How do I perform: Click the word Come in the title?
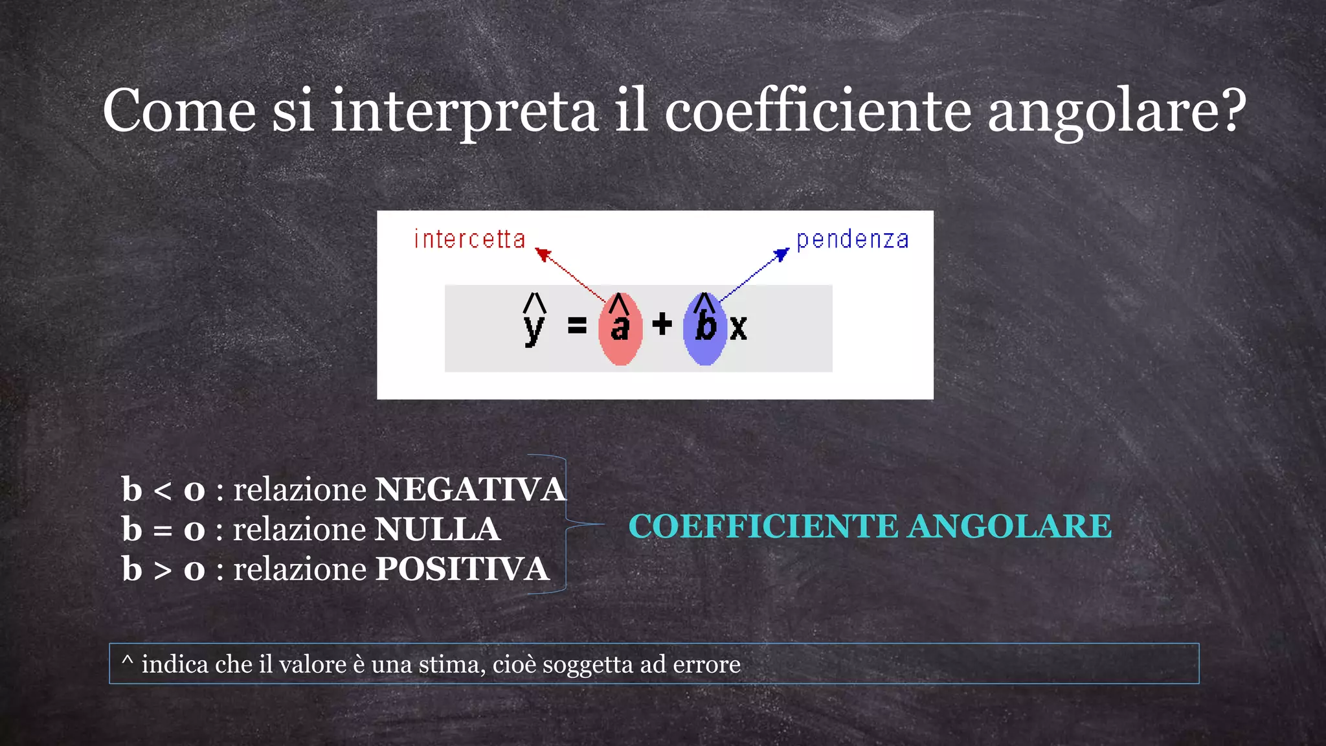point(179,111)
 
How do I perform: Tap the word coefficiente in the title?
point(818,111)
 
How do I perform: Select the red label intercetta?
point(469,240)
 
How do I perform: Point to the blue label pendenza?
point(852,240)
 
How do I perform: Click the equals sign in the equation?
point(577,325)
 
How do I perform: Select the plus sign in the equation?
point(662,324)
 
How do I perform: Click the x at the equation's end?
point(738,328)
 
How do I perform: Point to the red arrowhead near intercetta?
point(543,254)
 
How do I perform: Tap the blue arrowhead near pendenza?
point(782,254)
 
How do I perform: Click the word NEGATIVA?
point(471,490)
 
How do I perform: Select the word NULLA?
point(438,530)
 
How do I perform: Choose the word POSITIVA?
point(462,570)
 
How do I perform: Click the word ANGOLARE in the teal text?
point(1009,526)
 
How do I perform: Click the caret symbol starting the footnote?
point(128,661)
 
